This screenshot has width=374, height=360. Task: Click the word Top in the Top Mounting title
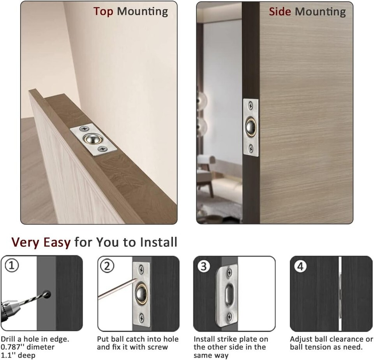103,12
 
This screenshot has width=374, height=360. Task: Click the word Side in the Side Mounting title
280,12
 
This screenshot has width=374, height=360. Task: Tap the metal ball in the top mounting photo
92,139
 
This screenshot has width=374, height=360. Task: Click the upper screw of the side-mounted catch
251,105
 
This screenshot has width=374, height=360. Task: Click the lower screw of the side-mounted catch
251,149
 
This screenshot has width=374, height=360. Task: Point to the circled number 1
12,265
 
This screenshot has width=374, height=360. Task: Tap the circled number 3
204,266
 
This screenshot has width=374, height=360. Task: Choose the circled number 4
300,266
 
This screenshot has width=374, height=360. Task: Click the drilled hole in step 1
47,294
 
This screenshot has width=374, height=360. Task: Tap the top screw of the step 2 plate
141,270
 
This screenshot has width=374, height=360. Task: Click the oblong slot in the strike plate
228,294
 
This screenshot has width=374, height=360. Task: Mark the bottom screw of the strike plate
229,317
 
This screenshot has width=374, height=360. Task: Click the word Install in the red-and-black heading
159,242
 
